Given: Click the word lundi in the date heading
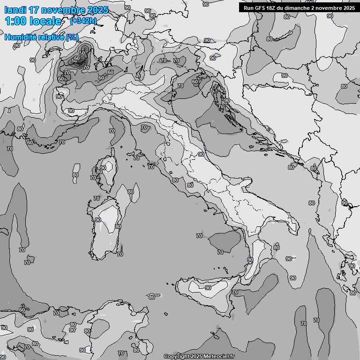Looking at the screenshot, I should click(x=15, y=10).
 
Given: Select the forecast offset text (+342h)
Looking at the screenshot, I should click(x=83, y=21).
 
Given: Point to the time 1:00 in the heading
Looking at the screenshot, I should click(x=15, y=21).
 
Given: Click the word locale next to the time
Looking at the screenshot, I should click(x=45, y=21).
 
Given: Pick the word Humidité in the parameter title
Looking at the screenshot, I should click(x=19, y=37).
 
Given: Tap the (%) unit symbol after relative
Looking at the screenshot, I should click(x=72, y=37).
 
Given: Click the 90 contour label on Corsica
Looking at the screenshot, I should click(x=103, y=167).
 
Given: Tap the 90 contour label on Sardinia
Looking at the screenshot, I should click(x=98, y=219).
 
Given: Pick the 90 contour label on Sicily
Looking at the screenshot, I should click(x=208, y=288).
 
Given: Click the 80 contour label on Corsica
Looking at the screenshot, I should click(x=99, y=172).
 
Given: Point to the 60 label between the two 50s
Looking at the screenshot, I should click(x=77, y=58).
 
